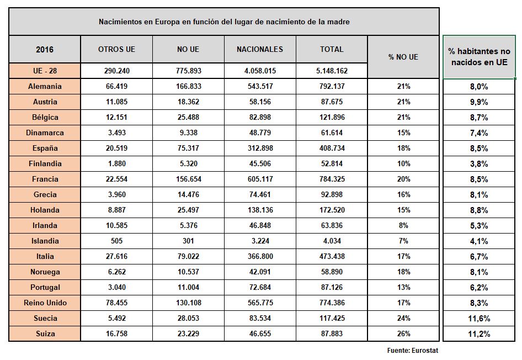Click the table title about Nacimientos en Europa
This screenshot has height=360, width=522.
click(223, 22)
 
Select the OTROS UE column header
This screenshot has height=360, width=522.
click(116, 49)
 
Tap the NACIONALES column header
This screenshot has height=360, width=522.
click(259, 49)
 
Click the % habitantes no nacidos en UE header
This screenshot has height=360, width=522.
click(479, 57)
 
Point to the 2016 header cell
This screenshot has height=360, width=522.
click(45, 49)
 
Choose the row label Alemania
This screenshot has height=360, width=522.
click(45, 87)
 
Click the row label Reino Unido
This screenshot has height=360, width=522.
click(45, 303)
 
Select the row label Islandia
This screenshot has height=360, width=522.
click(45, 241)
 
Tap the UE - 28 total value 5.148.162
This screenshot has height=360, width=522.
click(332, 71)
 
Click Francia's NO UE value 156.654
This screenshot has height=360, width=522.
click(188, 179)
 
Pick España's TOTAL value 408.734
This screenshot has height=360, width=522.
click(332, 149)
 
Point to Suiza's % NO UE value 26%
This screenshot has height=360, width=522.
click(403, 334)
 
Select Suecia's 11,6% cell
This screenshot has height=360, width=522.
click(479, 319)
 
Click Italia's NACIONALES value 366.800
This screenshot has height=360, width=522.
click(260, 257)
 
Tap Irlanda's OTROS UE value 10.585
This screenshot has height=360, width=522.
click(116, 226)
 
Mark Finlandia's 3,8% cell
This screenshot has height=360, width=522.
click(479, 164)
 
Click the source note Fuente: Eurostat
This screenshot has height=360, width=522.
click(412, 350)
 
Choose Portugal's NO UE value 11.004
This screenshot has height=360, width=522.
click(188, 288)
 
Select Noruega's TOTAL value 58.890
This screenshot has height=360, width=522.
click(332, 272)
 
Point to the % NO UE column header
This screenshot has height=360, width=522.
click(403, 57)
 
